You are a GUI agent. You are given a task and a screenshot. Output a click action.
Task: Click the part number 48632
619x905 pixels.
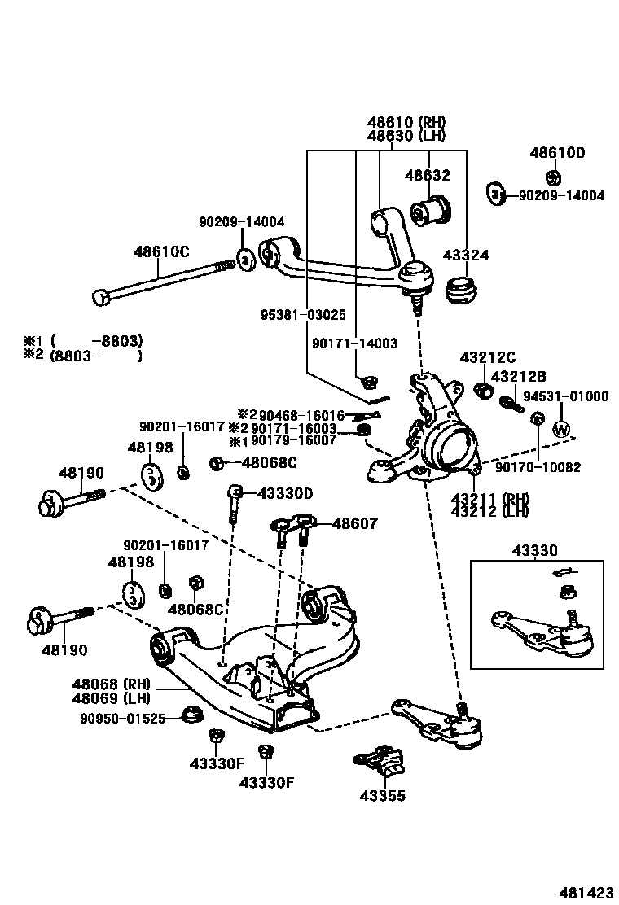(428, 175)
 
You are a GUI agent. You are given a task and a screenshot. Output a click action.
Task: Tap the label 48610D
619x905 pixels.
(557, 152)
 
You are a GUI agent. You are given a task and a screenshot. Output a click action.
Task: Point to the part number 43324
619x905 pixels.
(466, 256)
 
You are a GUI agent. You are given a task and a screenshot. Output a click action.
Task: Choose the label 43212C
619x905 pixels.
(488, 356)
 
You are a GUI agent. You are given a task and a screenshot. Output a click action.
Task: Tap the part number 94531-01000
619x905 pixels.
(565, 396)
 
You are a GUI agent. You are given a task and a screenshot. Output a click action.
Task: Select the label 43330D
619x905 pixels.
(285, 493)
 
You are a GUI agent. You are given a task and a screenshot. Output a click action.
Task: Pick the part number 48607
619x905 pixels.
(354, 524)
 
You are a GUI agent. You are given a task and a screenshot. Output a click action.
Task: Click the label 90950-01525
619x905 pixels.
(123, 718)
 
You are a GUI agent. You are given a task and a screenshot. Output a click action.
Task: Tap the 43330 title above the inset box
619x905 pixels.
(534, 551)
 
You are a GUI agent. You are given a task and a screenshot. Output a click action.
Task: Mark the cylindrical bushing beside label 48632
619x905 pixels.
(431, 210)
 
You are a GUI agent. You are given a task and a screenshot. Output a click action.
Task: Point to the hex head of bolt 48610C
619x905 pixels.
(100, 297)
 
